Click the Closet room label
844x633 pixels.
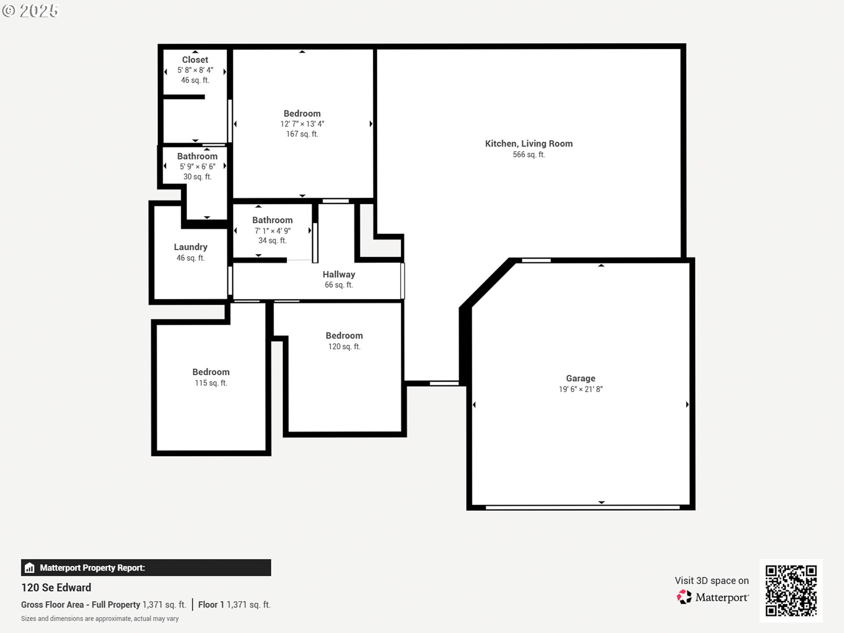pyautogui.click(x=195, y=60)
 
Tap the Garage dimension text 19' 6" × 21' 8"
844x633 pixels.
pyautogui.click(x=581, y=389)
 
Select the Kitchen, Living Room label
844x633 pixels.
pyautogui.click(x=528, y=144)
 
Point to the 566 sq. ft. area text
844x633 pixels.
pyautogui.click(x=528, y=155)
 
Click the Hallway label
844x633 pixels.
pyautogui.click(x=338, y=274)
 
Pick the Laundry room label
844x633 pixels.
pyautogui.click(x=190, y=247)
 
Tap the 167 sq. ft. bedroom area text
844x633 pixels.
pyautogui.click(x=302, y=134)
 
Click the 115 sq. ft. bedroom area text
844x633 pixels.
pyautogui.click(x=211, y=383)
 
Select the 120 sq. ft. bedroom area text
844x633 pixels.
pyautogui.click(x=344, y=347)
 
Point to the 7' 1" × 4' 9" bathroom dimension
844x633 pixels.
pyautogui.click(x=273, y=231)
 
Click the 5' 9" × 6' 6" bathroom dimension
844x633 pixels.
pyautogui.click(x=197, y=167)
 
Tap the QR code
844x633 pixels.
pyautogui.click(x=791, y=590)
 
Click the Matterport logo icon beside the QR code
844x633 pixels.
pyautogui.click(x=684, y=597)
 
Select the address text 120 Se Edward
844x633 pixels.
pyautogui.click(x=56, y=588)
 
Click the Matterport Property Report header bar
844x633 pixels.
pyautogui.click(x=146, y=568)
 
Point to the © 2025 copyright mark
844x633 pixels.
pyautogui.click(x=30, y=11)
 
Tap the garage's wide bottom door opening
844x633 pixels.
pyautogui.click(x=582, y=507)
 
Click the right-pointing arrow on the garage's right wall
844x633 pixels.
pyautogui.click(x=687, y=404)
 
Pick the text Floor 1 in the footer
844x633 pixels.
pyautogui.click(x=211, y=605)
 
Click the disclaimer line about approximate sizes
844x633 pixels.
pyautogui.click(x=100, y=619)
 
